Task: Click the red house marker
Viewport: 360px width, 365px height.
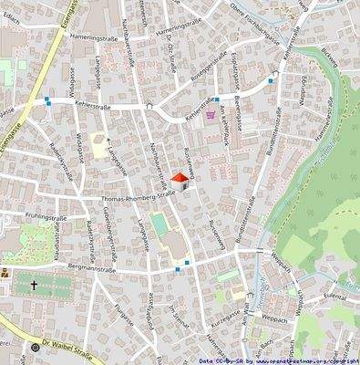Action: click(x=180, y=182)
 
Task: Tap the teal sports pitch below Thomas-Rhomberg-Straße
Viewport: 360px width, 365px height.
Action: click(x=159, y=222)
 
